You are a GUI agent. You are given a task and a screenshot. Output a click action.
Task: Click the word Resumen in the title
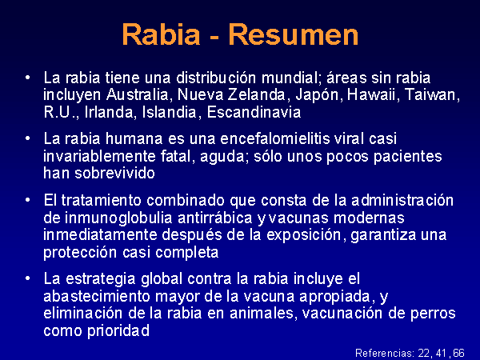(294, 34)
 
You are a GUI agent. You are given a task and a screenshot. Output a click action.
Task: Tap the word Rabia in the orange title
(161, 34)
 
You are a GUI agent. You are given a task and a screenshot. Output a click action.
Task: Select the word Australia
(138, 94)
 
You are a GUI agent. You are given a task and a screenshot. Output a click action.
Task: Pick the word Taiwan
(432, 94)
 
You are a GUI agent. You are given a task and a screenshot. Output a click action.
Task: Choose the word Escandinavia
(254, 112)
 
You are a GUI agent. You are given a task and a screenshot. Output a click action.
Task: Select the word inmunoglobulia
(118, 218)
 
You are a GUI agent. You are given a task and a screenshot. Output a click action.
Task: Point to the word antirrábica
(215, 218)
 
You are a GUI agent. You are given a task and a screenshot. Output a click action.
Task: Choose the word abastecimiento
(97, 296)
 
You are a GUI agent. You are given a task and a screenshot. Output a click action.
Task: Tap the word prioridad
(118, 331)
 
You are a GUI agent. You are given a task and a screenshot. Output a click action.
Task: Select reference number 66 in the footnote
(459, 353)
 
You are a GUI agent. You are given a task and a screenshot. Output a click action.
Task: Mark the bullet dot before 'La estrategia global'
(28, 278)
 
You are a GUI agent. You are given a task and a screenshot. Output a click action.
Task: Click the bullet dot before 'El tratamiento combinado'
(28, 200)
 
